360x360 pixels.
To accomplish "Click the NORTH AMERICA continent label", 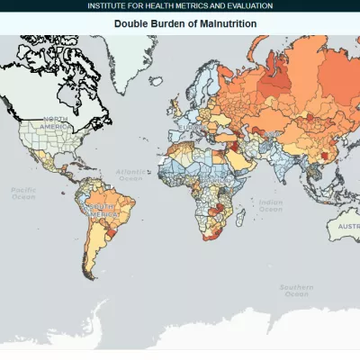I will coord(53,123).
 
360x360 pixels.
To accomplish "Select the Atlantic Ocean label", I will coord(130,175).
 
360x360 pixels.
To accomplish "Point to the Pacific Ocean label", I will coord(22,193).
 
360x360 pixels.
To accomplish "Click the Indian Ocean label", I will coord(269,206).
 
